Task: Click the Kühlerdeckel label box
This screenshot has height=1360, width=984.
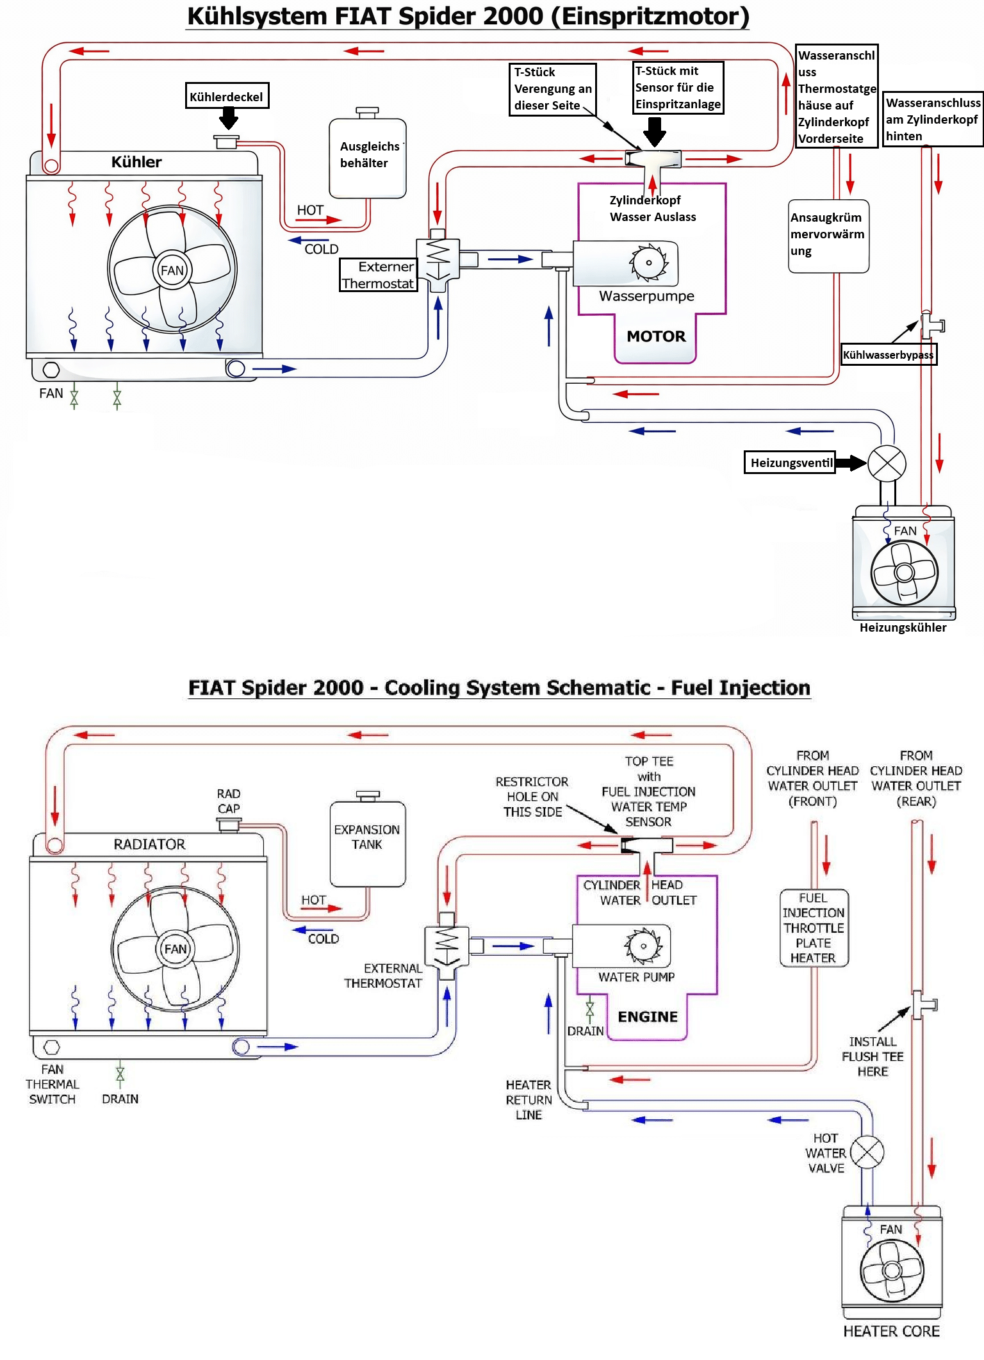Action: click(227, 96)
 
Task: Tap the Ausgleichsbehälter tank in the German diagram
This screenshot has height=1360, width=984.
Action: click(368, 158)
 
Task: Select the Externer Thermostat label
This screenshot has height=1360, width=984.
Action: click(378, 275)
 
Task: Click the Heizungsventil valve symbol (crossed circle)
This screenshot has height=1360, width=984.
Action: click(887, 463)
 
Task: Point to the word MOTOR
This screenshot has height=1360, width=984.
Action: click(656, 336)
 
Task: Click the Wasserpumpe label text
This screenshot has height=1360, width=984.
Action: click(646, 296)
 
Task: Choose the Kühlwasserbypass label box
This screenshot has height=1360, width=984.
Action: click(889, 355)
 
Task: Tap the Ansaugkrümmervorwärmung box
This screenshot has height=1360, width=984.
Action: click(828, 236)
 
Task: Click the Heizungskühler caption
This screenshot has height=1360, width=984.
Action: click(903, 628)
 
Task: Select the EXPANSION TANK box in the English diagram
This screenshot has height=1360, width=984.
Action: click(368, 844)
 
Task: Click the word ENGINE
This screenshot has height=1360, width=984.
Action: click(648, 1017)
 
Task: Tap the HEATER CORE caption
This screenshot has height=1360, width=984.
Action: click(891, 1331)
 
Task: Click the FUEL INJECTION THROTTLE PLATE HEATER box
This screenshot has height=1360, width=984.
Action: click(814, 928)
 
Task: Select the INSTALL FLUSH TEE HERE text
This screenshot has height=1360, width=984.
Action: click(873, 1056)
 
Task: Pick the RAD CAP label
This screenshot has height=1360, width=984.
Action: click(229, 801)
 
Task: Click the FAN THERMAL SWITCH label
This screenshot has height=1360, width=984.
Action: click(52, 1084)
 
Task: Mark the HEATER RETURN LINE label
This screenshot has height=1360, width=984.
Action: click(529, 1100)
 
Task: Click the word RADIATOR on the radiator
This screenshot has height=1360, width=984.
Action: click(149, 844)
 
